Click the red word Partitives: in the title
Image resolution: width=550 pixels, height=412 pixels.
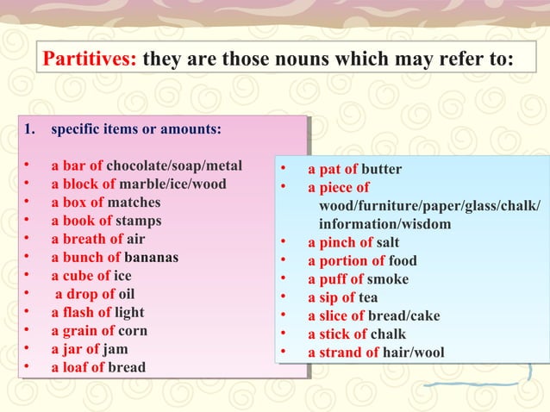tap(90, 60)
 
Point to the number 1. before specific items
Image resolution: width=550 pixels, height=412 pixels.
tap(30, 130)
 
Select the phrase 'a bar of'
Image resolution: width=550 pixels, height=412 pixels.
tap(77, 165)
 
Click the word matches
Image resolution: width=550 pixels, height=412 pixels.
tap(134, 203)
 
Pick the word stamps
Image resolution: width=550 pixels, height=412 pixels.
tap(138, 221)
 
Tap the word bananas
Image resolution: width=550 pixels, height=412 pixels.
tap(151, 258)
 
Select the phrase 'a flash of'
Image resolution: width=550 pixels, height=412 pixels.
tap(81, 312)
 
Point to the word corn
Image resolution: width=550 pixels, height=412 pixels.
tap(133, 330)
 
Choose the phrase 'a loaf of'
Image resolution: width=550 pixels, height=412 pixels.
tap(78, 367)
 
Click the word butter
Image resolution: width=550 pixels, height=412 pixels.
tap(381, 169)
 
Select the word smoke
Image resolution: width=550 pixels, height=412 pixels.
tap(388, 279)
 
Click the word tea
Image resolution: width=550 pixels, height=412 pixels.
tap(368, 297)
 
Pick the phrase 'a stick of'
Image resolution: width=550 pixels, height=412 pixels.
tap(337, 334)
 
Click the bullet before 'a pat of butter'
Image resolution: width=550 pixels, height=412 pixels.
tap(282, 169)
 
